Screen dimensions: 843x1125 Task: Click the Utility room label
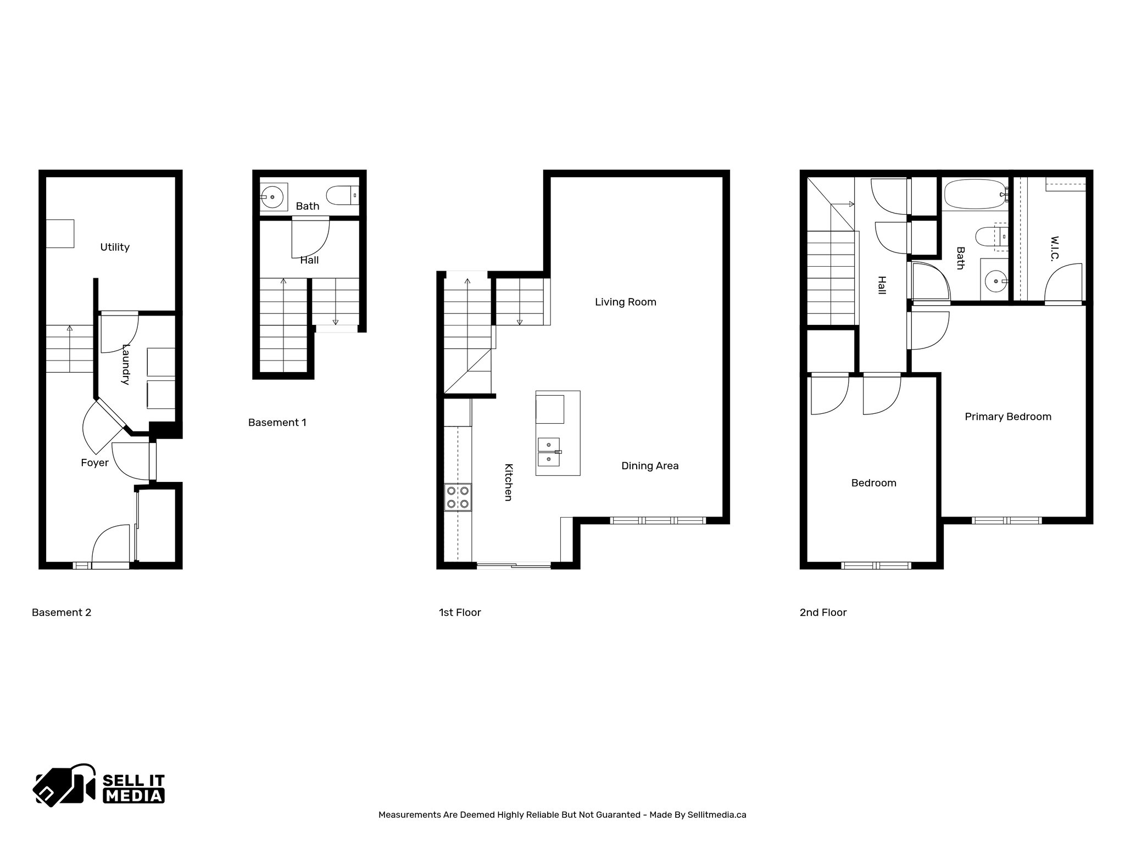click(x=115, y=247)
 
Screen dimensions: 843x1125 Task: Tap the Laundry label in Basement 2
click(x=126, y=364)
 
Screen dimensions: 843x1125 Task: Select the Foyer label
click(x=94, y=463)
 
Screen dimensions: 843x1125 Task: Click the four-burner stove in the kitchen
click(x=458, y=497)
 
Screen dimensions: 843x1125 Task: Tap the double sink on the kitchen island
click(x=548, y=451)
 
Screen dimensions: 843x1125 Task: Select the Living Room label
click(x=626, y=302)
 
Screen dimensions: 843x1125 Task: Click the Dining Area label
click(x=650, y=466)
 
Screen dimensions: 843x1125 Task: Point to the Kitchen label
click(x=509, y=482)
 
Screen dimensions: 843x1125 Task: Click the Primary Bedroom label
click(x=1008, y=417)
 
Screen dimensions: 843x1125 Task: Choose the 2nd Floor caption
click(x=823, y=612)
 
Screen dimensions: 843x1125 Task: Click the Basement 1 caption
click(x=277, y=423)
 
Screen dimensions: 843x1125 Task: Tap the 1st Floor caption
click(x=460, y=612)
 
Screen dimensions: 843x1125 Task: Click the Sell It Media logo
click(x=99, y=785)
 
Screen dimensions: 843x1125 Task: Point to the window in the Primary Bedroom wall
click(x=1006, y=520)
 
